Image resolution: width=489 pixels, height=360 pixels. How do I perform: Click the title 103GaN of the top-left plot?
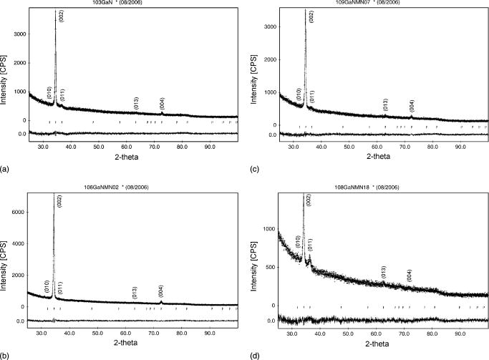[x=122, y=4]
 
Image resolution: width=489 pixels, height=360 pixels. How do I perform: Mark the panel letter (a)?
[x=6, y=170]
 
